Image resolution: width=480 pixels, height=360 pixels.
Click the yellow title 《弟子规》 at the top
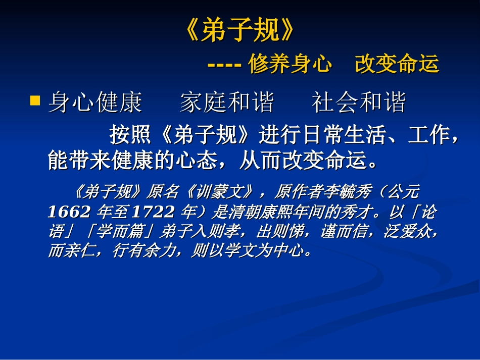click(239, 31)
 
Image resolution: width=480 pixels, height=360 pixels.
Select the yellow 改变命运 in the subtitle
click(397, 65)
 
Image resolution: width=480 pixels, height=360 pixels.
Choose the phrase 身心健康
click(95, 102)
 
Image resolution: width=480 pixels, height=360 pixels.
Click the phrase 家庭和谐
click(227, 102)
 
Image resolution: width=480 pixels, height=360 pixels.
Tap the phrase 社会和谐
click(359, 102)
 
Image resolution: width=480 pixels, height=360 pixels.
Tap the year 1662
click(69, 212)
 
